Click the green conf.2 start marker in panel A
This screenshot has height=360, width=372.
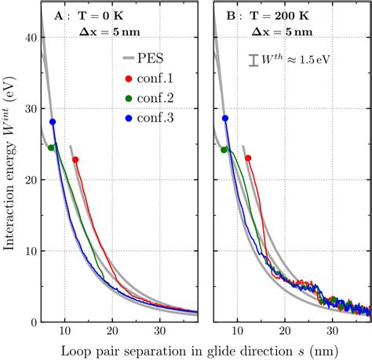click(52, 147)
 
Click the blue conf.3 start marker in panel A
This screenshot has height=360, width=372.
click(53, 122)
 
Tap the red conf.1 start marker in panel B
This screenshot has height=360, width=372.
click(248, 158)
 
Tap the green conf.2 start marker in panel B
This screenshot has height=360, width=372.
click(224, 149)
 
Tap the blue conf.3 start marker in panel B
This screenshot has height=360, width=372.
click(225, 118)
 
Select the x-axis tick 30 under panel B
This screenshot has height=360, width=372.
click(332, 332)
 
